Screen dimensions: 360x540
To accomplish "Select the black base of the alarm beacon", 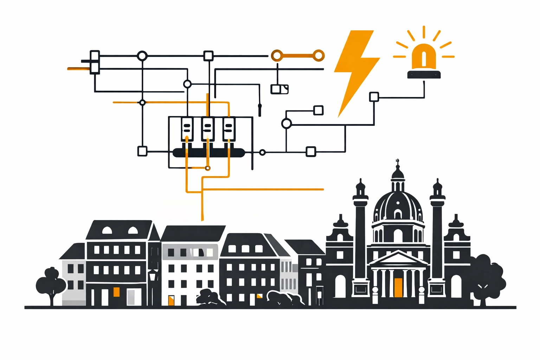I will point(424,74).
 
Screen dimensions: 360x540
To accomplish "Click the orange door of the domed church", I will point(398,287).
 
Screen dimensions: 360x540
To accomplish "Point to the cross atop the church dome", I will point(398,162).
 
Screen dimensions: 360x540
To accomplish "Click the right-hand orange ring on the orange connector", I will point(319,56).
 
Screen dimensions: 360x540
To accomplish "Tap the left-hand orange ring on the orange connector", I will point(277,56).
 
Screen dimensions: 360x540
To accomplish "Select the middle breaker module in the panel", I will point(207,129).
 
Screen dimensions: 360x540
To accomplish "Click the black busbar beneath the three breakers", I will point(209,153).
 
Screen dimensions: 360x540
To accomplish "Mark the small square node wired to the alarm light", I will point(374,97).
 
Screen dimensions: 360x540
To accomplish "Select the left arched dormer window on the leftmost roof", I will point(107,231).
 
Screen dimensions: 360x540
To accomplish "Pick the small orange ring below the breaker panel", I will point(208,168).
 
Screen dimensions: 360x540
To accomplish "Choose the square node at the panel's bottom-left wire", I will point(142,151).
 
